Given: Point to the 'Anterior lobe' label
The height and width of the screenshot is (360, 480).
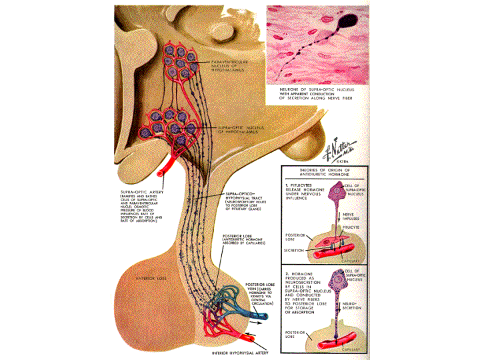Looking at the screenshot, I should tap(150, 277).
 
